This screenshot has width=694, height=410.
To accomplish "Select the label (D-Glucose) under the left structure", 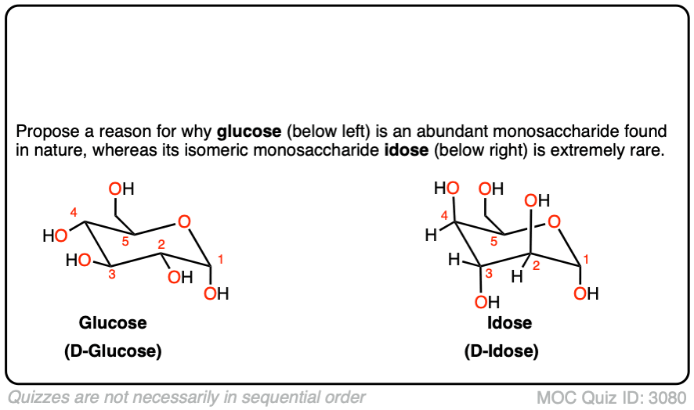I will tap(113, 351).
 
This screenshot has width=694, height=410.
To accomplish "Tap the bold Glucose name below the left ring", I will tap(113, 322).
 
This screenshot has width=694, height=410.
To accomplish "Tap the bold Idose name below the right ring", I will tap(501, 322).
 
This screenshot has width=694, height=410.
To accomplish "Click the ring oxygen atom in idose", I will tap(555, 224).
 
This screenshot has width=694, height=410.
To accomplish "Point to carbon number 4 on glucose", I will tap(73, 212).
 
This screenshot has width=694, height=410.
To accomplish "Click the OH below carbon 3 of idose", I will tap(486, 302).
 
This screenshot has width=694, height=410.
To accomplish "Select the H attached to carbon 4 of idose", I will tap(428, 234).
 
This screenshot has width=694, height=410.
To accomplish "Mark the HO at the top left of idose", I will tap(447, 189).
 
